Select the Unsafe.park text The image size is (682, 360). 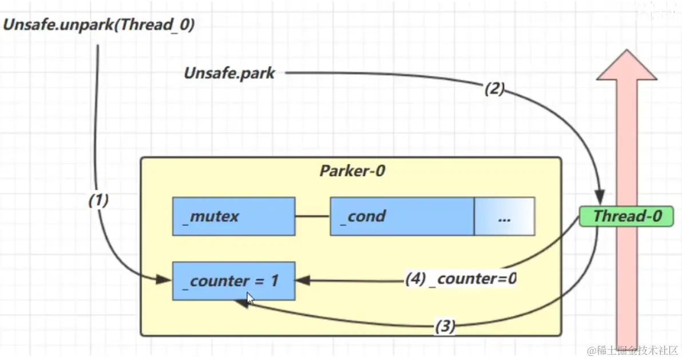click(x=229, y=74)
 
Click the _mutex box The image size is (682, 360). click(x=233, y=216)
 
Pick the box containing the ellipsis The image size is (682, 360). click(x=504, y=216)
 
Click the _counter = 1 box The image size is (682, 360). click(x=233, y=281)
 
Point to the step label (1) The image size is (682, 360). click(x=98, y=200)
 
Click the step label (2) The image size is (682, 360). click(x=494, y=89)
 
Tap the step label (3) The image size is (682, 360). click(x=445, y=327)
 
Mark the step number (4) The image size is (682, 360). click(x=414, y=279)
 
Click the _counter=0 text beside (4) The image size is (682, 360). click(x=473, y=279)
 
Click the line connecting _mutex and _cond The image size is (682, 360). click(x=312, y=216)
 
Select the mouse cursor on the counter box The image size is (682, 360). click(x=250, y=298)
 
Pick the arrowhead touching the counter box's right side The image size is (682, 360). click(x=302, y=281)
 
